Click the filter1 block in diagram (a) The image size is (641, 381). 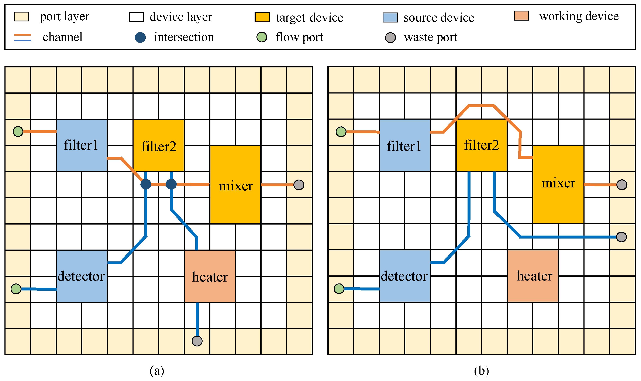82,145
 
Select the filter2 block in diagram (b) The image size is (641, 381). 481,145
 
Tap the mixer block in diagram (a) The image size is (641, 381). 235,185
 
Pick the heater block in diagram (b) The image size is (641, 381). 533,276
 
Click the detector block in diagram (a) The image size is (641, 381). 82,276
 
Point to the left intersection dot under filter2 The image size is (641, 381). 146,184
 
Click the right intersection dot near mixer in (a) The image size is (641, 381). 171,184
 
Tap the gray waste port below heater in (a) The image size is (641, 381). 197,341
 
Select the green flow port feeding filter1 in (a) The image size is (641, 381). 18,132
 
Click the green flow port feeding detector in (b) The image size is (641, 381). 339,289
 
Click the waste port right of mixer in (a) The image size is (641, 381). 299,185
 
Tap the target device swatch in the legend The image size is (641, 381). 262,17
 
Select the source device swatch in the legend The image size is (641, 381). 390,17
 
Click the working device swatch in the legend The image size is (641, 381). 521,16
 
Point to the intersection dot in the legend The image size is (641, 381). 140,38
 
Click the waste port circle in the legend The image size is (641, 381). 390,38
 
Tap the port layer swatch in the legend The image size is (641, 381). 21,17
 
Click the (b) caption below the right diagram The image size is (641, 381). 481,371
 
